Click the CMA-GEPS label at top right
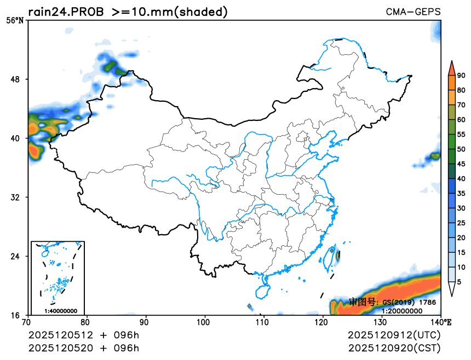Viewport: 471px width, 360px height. (413, 11)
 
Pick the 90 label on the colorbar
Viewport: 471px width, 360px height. (461, 76)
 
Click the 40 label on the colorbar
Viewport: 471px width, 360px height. (461, 178)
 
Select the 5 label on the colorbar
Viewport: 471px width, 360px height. (459, 282)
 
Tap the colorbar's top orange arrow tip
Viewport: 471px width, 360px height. (451, 63)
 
